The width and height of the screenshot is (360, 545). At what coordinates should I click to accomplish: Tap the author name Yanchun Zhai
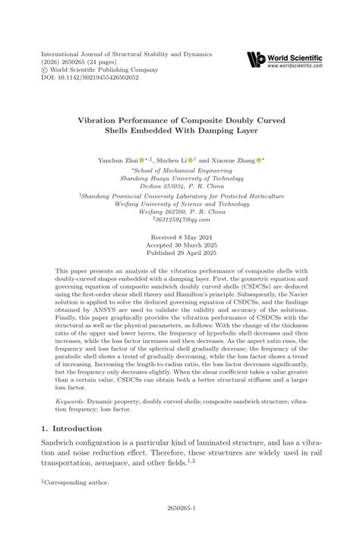(x=118, y=160)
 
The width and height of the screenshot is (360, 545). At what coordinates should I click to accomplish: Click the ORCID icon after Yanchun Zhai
(x=142, y=160)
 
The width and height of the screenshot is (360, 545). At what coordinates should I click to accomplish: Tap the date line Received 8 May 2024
(x=180, y=237)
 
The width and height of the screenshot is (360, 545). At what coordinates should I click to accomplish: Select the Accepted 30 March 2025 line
(x=180, y=245)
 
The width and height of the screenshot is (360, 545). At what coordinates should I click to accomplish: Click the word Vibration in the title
(x=103, y=119)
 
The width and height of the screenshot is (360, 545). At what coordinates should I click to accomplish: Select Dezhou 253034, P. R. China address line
(x=180, y=186)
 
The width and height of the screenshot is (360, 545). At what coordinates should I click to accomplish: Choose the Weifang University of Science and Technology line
(x=180, y=203)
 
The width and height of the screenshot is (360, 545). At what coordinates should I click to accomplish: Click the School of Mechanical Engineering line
(x=180, y=169)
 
